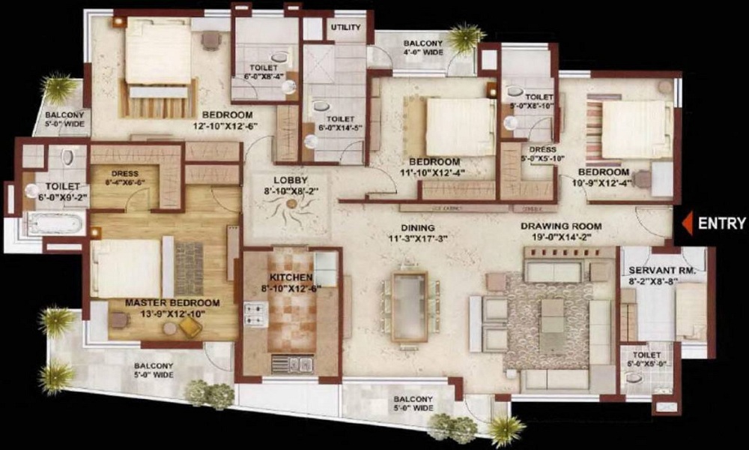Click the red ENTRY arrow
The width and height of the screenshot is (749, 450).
coord(685,223)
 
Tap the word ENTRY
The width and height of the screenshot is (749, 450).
coord(721,223)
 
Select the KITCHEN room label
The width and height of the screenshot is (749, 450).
coord(286,277)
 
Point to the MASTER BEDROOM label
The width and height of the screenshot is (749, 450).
coord(172,303)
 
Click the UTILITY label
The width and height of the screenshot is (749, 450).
coord(345,28)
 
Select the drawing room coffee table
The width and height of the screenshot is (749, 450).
coord(553,315)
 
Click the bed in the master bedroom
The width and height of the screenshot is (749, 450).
coord(127,268)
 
